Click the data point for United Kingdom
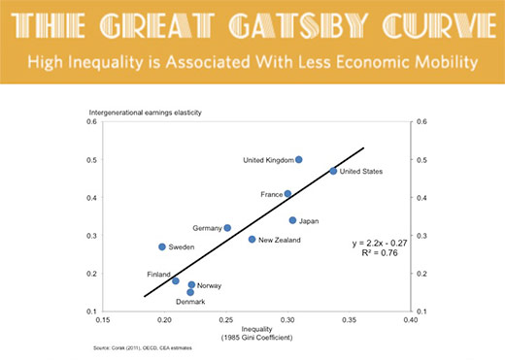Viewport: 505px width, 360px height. point(299,159)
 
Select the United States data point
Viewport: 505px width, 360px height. point(333,171)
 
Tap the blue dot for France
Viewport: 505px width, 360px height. point(287,194)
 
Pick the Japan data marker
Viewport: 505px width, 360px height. point(292,220)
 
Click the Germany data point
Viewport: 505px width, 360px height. point(227,228)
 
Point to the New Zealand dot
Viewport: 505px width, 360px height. point(252,239)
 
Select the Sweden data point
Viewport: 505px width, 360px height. point(162,246)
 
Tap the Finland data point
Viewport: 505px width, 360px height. point(176,280)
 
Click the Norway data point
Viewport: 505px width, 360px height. point(191,285)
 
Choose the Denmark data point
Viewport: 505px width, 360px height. point(190,292)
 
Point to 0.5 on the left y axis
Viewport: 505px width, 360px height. point(90,159)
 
